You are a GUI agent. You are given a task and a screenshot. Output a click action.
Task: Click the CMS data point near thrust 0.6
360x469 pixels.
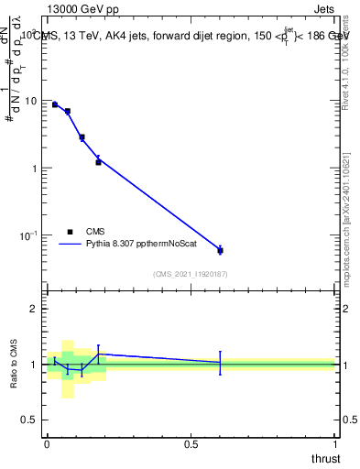point(220,250)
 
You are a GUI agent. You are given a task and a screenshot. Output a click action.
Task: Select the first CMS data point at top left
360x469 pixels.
point(55,104)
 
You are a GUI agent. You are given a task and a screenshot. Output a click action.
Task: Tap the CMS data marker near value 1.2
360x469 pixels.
point(98,162)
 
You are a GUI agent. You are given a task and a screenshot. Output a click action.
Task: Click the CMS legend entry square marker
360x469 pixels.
point(70,232)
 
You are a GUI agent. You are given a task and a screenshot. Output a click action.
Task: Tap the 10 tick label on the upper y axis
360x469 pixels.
point(34,101)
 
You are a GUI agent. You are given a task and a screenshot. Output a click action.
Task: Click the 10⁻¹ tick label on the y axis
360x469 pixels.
point(31,235)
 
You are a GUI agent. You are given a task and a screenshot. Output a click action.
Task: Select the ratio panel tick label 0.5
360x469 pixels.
point(33,420)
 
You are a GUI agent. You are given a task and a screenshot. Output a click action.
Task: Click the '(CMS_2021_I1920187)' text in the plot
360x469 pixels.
point(191,274)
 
